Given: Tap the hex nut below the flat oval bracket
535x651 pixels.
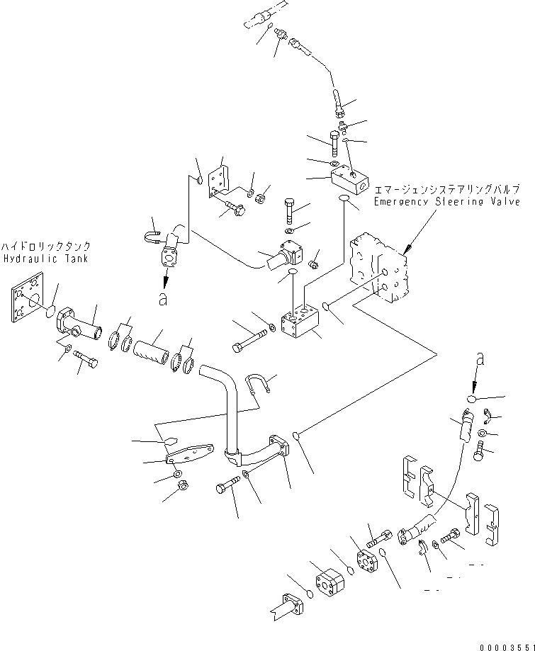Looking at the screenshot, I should pos(181,487).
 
